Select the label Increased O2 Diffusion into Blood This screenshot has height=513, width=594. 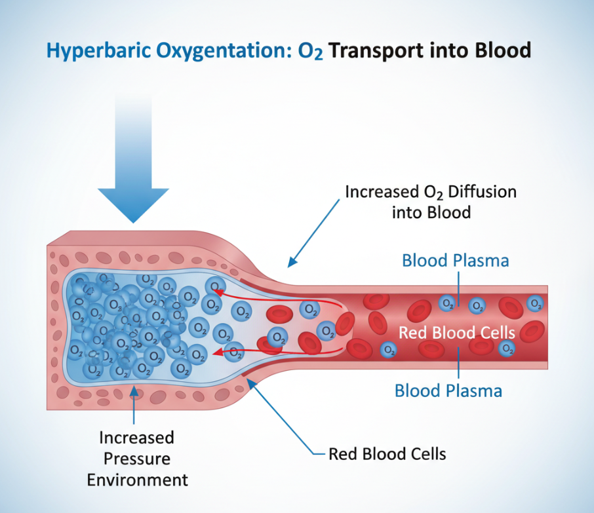[x=430, y=202]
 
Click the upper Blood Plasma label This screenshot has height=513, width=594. [x=455, y=260]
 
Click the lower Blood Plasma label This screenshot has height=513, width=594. [x=448, y=391]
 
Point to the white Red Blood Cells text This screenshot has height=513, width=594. [x=457, y=332]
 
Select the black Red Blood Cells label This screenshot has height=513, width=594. [x=387, y=453]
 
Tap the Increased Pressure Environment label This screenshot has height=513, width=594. [x=137, y=458]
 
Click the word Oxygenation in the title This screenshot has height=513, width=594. [x=227, y=51]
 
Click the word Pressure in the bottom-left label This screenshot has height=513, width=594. [x=137, y=458]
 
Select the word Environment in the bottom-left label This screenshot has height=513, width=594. [x=137, y=480]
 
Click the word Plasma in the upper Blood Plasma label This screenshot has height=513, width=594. [x=483, y=260]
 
